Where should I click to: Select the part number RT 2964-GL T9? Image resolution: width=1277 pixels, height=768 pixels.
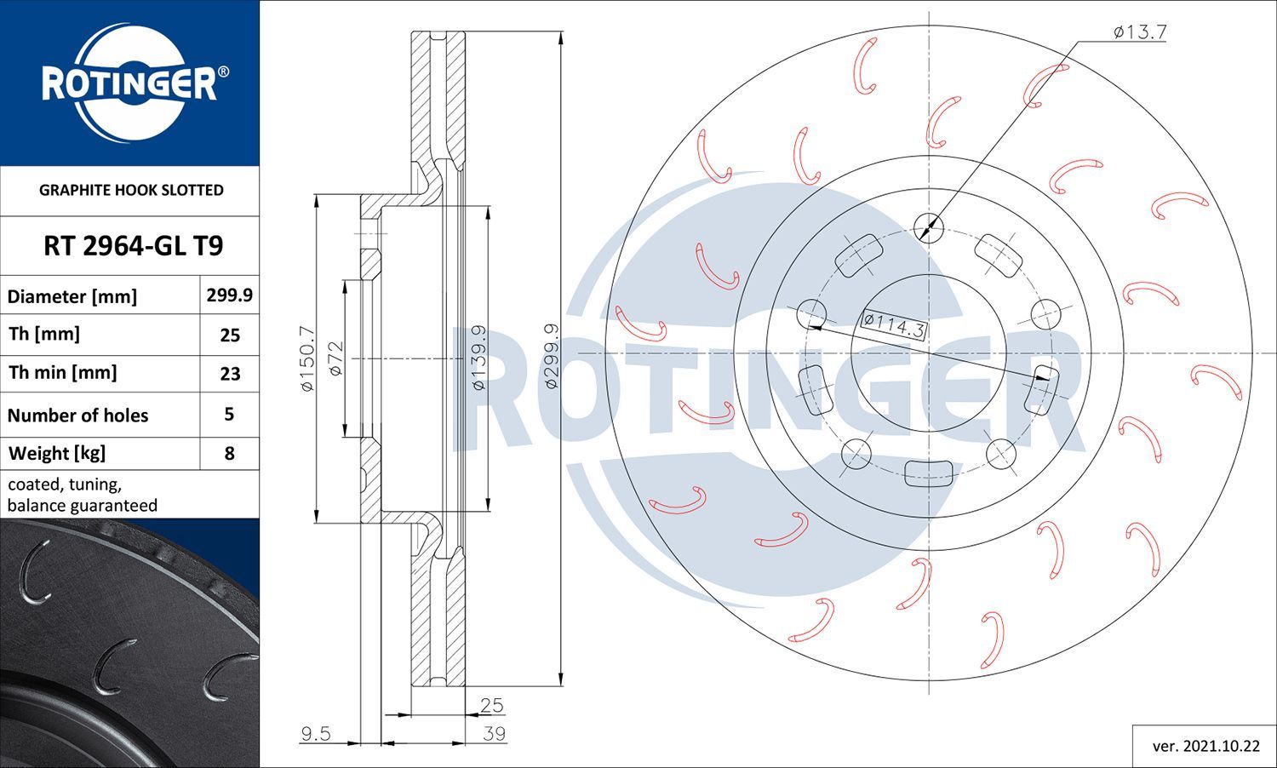click(x=134, y=246)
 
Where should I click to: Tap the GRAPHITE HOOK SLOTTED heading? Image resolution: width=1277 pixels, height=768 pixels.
click(x=131, y=190)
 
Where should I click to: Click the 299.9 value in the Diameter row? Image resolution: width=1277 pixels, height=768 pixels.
click(x=229, y=295)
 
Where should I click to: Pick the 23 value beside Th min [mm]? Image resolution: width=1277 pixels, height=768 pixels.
click(x=230, y=374)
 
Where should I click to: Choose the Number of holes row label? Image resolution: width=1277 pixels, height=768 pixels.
click(x=77, y=415)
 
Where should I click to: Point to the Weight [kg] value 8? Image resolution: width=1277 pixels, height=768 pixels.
click(x=229, y=453)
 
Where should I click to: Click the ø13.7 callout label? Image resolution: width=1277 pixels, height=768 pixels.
click(x=1140, y=32)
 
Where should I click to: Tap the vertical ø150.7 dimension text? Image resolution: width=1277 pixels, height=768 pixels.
click(x=306, y=358)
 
